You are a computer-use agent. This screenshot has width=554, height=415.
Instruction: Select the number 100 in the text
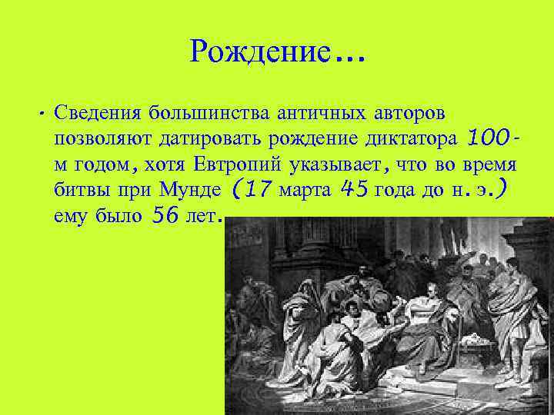coord(487,138)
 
